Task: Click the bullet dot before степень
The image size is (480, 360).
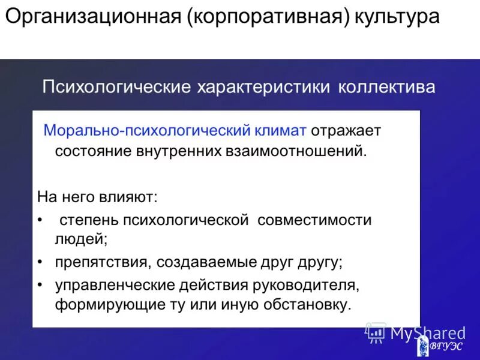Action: tap(40, 220)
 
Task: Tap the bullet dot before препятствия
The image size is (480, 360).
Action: tap(40, 262)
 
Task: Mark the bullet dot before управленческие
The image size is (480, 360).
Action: tap(40, 284)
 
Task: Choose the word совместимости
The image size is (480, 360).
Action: tap(314, 220)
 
